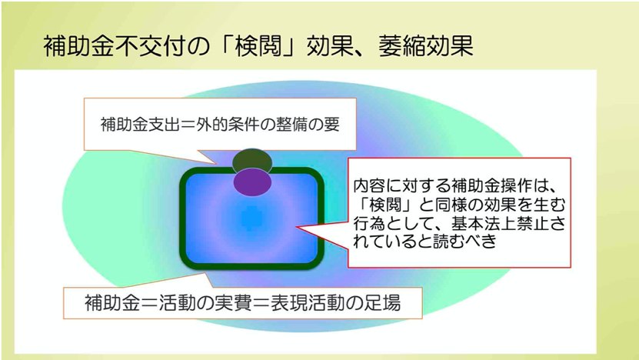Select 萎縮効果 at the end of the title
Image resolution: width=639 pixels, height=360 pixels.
pos(425,46)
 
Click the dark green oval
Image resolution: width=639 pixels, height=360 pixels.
pos(252,160)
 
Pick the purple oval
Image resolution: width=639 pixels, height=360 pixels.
pos(253,182)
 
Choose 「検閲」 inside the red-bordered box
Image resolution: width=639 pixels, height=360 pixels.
pos(385,205)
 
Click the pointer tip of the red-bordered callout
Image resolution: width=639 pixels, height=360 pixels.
pos(296,227)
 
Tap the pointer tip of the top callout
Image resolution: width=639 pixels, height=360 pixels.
pos(216,165)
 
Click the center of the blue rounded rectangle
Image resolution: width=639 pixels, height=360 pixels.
pos(252,218)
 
